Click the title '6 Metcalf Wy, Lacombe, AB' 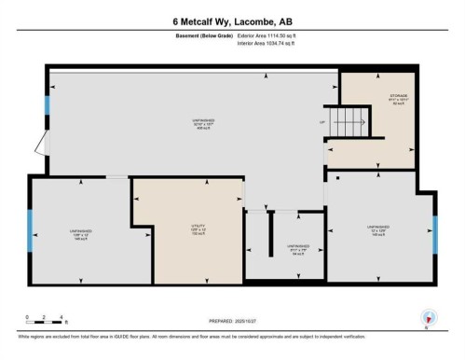pyautogui.click(x=232, y=21)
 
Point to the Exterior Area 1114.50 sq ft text pyautogui.click(x=272, y=35)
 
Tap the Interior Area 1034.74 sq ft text pyautogui.click(x=272, y=43)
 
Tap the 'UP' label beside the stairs pyautogui.click(x=322, y=122)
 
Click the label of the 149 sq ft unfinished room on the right pyautogui.click(x=383, y=229)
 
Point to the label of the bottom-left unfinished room pyautogui.click(x=81, y=233)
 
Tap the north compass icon pyautogui.click(x=426, y=317)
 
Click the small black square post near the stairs pyautogui.click(x=336, y=176)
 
